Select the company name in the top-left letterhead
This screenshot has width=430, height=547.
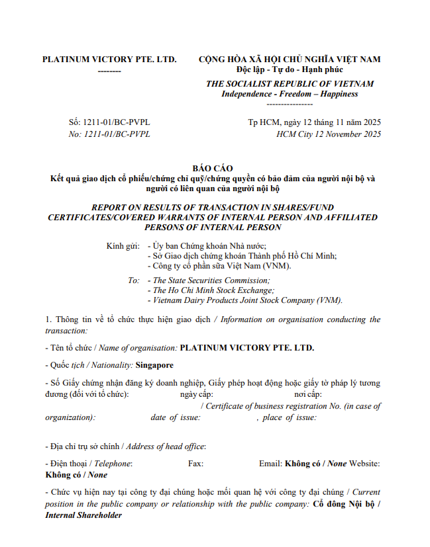pyautogui.click(x=109, y=59)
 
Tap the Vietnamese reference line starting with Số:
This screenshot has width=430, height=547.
pyautogui.click(x=109, y=122)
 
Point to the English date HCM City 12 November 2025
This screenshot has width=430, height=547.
pyautogui.click(x=329, y=134)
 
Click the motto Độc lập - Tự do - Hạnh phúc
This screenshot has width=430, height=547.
pyautogui.click(x=290, y=69)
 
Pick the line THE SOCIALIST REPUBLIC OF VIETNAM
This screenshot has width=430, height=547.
pyautogui.click(x=290, y=84)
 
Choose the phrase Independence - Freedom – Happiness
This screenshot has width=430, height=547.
pyautogui.click(x=290, y=94)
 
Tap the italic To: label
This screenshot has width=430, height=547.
pyautogui.click(x=133, y=280)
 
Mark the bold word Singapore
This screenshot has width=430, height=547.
pyautogui.click(x=154, y=365)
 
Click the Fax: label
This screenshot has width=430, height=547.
pyautogui.click(x=195, y=464)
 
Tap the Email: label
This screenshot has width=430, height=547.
pyautogui.click(x=270, y=464)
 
